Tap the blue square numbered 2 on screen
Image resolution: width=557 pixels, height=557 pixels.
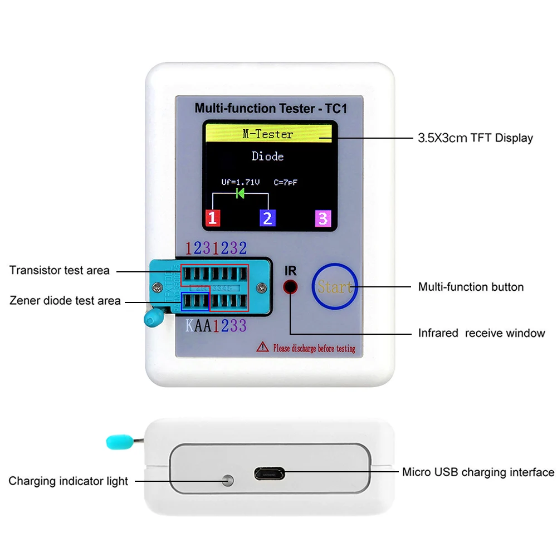[x=268, y=218]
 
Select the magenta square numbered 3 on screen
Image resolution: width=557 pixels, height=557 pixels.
[x=323, y=218]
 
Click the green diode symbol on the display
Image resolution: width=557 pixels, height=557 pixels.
[x=241, y=193]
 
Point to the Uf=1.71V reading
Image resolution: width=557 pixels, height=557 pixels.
[x=240, y=182]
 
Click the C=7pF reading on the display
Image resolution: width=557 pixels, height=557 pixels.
[x=289, y=182]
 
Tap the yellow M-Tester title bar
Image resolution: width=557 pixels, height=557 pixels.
[x=268, y=134]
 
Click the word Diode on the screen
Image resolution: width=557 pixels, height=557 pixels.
[x=268, y=157]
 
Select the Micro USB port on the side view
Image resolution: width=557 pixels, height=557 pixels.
[x=270, y=474]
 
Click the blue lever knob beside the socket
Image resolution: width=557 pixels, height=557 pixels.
[x=151, y=319]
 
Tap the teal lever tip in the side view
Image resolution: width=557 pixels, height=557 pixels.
[x=115, y=442]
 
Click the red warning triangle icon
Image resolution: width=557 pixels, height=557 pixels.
[x=262, y=348]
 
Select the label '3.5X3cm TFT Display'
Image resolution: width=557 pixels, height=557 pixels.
[x=475, y=138]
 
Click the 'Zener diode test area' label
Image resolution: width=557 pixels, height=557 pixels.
[x=65, y=301]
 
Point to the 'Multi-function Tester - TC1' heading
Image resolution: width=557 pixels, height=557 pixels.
[x=270, y=108]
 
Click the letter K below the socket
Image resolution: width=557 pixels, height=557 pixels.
[x=189, y=326]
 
